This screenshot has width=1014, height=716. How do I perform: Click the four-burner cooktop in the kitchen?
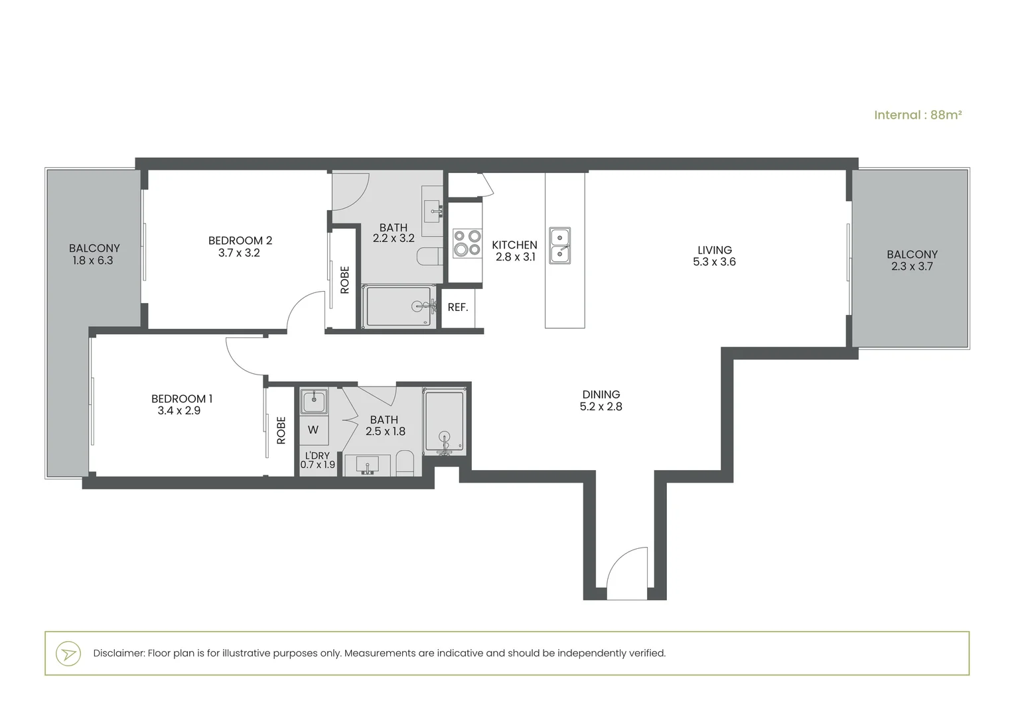[x=468, y=243]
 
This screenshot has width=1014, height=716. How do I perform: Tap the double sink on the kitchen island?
[x=560, y=245]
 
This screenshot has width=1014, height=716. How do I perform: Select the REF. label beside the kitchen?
[x=458, y=308]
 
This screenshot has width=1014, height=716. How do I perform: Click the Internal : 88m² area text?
[x=918, y=115]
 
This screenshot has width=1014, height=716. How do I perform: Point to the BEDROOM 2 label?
[x=240, y=241]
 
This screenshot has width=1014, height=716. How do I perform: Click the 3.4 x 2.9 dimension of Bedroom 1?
[x=179, y=410]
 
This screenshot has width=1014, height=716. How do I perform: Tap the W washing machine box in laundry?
[x=313, y=430]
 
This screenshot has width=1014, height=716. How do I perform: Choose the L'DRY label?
[x=317, y=455]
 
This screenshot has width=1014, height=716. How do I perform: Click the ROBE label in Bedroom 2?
[x=345, y=280]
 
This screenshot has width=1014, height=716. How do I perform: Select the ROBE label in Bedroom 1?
[x=281, y=430]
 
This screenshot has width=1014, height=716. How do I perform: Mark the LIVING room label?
[x=714, y=250]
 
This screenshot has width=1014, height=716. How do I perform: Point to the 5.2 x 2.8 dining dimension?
[x=601, y=406]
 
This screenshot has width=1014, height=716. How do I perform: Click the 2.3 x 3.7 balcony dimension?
[x=912, y=267]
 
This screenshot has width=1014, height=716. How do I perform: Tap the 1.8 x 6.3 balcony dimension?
[x=93, y=261]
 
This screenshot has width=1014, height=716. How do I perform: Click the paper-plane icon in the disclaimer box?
[x=68, y=654]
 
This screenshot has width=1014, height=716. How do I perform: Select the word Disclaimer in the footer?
[x=119, y=653]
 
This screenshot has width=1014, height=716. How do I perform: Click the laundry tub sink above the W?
[x=314, y=401]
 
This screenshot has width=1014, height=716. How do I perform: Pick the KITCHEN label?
[x=515, y=245]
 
